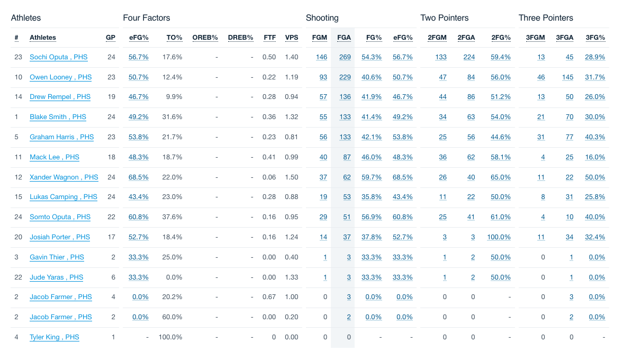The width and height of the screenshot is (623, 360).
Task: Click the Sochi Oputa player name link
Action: click(58, 57)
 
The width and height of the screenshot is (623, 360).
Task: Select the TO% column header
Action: click(174, 38)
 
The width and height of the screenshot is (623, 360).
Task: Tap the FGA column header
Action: click(344, 38)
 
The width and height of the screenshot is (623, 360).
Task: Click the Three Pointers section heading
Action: click(546, 18)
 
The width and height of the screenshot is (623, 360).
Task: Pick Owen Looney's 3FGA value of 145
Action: click(567, 77)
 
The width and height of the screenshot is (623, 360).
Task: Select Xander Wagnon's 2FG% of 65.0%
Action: click(501, 177)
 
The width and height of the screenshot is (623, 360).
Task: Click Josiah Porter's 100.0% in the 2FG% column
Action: click(499, 237)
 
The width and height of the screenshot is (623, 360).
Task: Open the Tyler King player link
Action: click(54, 337)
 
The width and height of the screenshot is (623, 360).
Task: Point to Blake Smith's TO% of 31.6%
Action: click(172, 117)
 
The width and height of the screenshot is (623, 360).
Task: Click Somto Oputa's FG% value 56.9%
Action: click(371, 217)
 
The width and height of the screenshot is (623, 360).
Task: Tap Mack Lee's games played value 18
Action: click(111, 157)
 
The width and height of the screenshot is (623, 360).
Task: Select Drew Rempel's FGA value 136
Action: click(345, 97)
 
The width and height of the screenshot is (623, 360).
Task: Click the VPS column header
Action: click(292, 38)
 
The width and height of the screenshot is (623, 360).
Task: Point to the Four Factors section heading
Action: click(147, 18)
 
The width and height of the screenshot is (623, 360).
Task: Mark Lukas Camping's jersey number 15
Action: click(18, 197)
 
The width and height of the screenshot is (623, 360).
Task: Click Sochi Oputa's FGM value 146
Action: click(321, 57)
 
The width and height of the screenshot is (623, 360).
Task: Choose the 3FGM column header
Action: click(536, 38)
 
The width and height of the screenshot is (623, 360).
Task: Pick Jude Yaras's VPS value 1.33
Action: click(291, 277)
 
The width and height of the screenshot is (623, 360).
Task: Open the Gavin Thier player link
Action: click(57, 257)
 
